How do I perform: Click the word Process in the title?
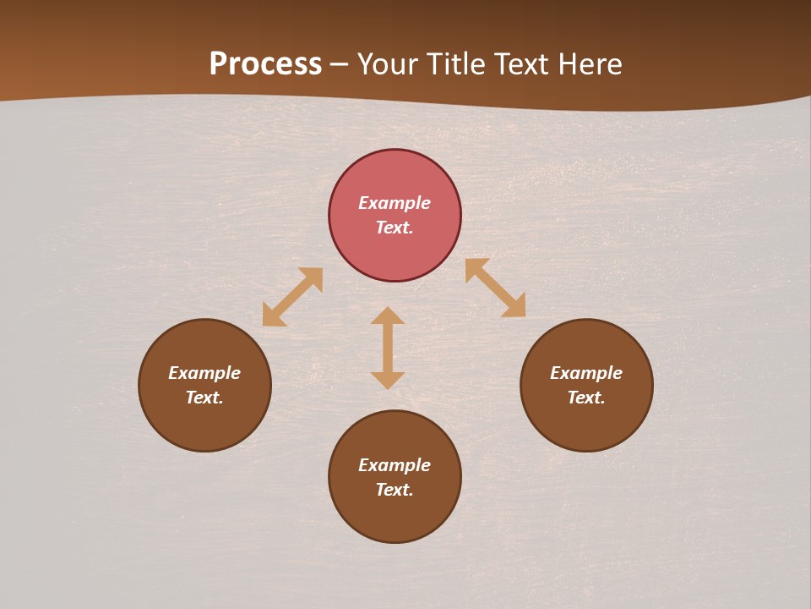pos(265,64)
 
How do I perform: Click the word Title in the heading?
pos(457,64)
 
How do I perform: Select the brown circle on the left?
pos(204,423)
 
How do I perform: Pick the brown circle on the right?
pos(586,423)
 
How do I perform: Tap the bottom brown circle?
pos(395,516)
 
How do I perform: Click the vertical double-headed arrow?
pos(388,348)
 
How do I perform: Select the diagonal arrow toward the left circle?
pos(292,297)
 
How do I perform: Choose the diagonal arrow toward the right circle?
pos(495,288)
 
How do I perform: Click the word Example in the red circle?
pos(395,203)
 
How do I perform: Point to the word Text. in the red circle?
pos(395,228)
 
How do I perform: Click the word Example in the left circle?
pos(204,373)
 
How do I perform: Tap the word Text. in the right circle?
pos(586,398)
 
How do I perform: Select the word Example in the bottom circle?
pos(395,465)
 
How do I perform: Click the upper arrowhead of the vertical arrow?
pos(388,315)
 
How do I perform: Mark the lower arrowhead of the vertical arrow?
pos(388,380)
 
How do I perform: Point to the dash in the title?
pos(339,65)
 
